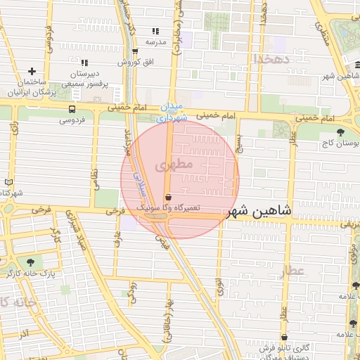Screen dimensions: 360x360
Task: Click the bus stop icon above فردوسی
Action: tap(72, 109)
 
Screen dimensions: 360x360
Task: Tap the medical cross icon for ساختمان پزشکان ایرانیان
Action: tap(32, 71)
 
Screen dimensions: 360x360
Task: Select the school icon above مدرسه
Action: tap(155, 31)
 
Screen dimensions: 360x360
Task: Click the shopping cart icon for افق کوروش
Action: tap(135, 51)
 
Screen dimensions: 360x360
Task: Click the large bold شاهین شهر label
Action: tap(259, 210)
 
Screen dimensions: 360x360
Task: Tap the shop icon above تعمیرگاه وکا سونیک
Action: tap(167, 197)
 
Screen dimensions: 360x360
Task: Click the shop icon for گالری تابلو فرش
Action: tap(284, 337)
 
